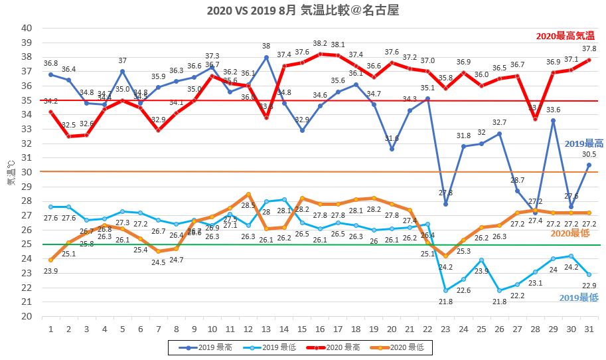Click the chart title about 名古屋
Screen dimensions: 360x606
click(x=303, y=11)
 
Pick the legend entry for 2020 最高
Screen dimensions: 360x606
click(x=351, y=346)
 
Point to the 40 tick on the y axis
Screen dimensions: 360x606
click(x=27, y=28)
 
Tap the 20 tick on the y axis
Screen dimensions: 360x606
click(x=27, y=316)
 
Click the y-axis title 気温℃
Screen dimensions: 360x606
click(x=11, y=172)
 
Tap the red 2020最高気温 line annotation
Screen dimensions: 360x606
click(x=565, y=36)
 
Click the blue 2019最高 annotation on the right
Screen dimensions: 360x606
click(x=583, y=143)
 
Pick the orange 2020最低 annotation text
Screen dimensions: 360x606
click(x=570, y=233)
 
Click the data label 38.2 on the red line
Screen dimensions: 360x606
click(x=321, y=43)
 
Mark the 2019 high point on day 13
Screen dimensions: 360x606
click(x=266, y=57)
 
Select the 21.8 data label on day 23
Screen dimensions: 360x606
click(x=445, y=302)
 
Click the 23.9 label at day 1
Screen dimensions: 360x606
click(x=50, y=272)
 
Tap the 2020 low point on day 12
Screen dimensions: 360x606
click(x=248, y=194)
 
